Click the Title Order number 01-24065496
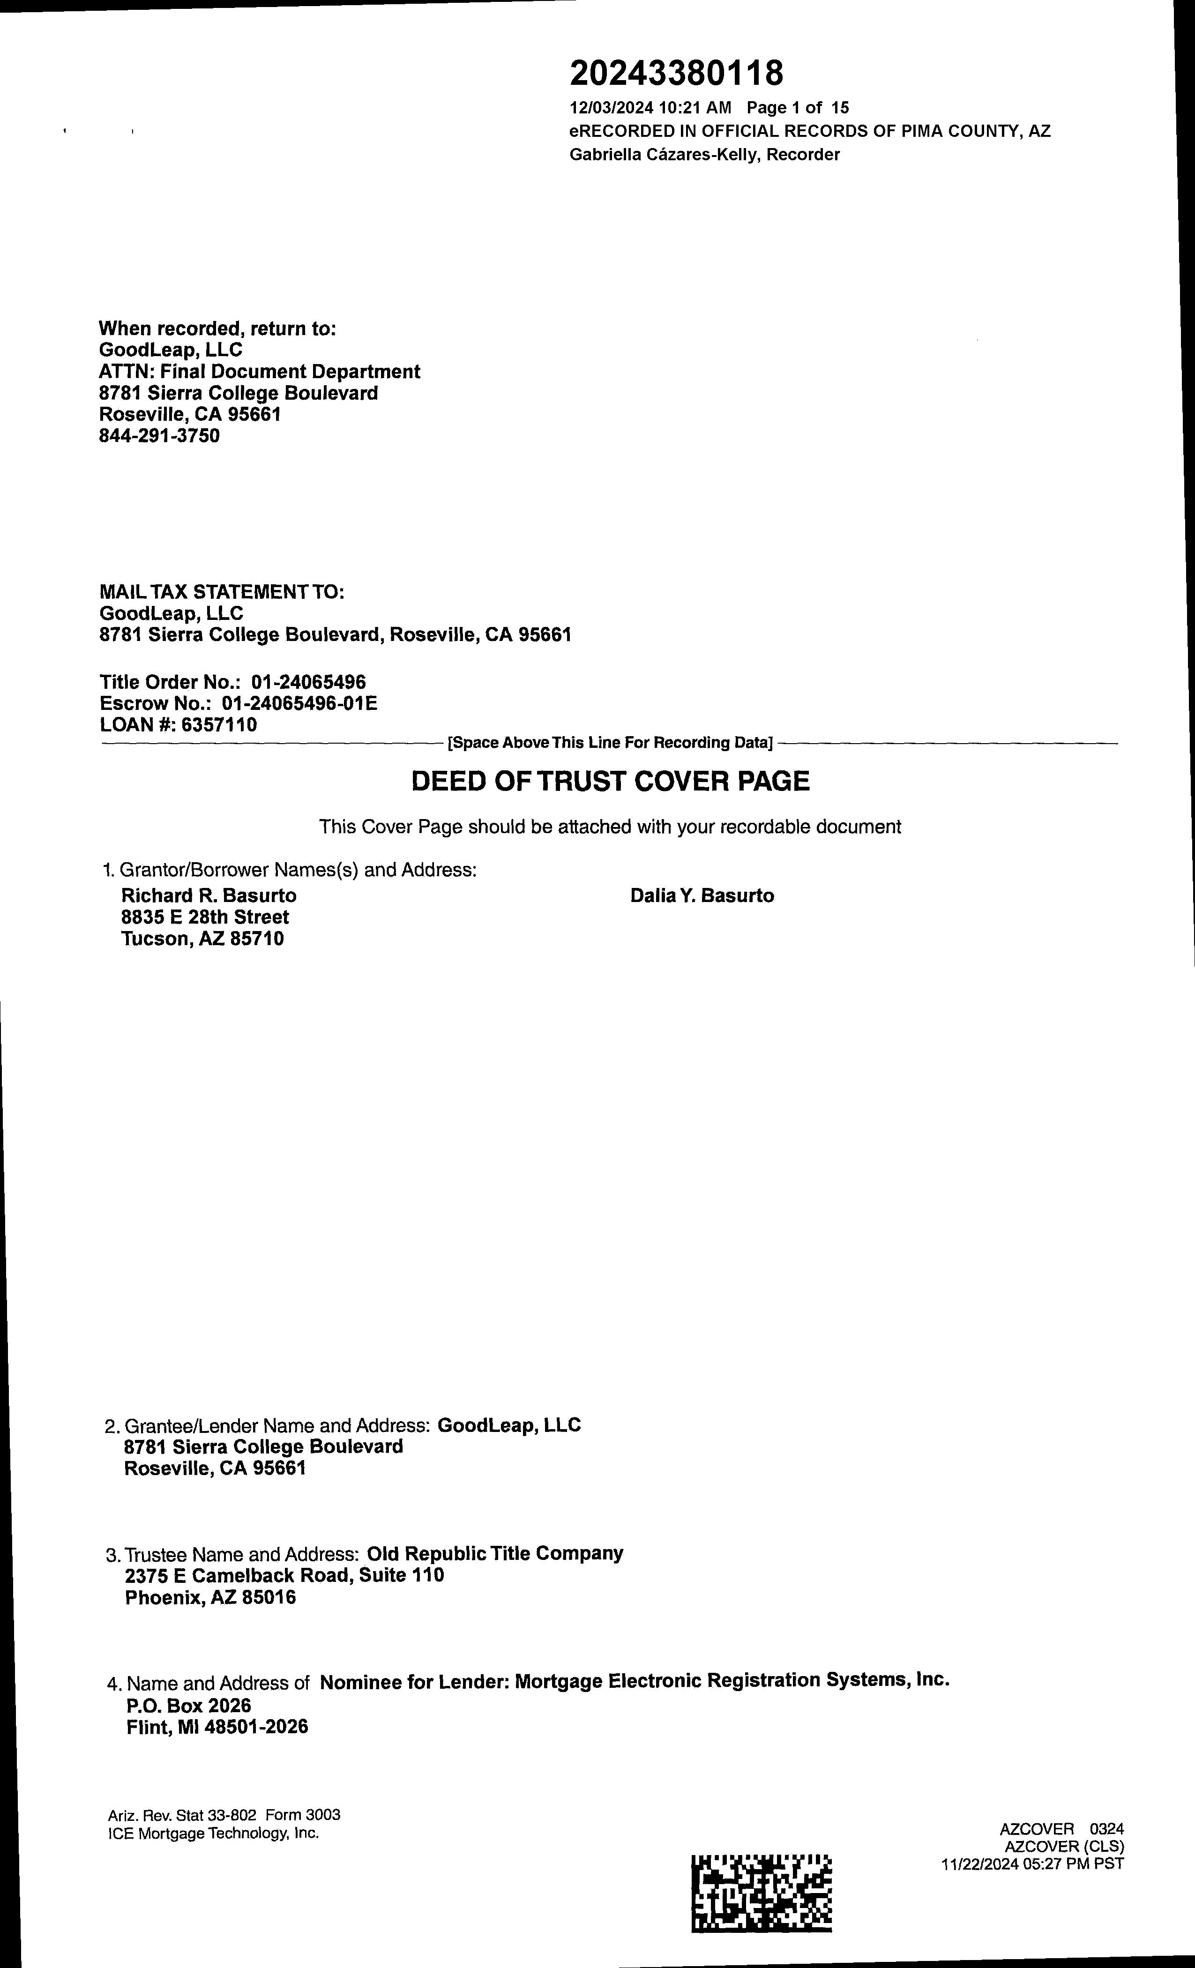308,682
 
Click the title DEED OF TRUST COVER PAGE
610,781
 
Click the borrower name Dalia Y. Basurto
702,895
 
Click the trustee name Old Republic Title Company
494,1553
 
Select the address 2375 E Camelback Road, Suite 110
284,1575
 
